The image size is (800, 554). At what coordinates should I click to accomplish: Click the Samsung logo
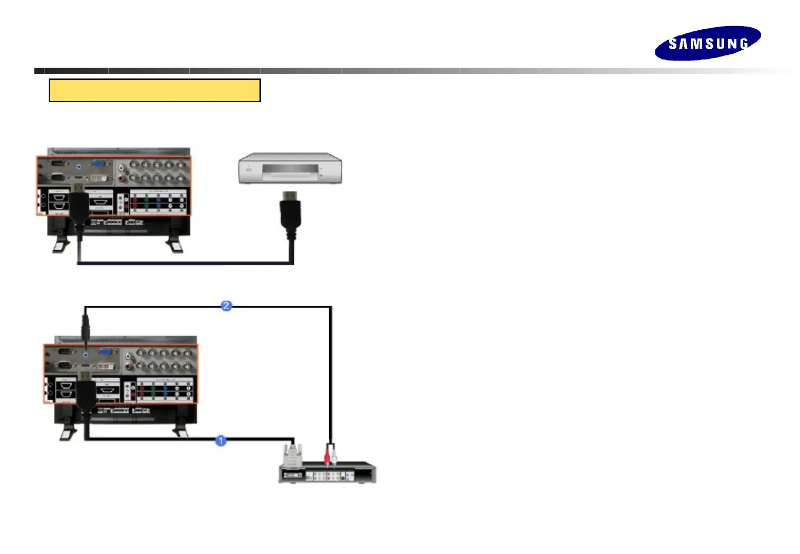coord(707,43)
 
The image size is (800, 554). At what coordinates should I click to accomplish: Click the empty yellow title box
coord(154,90)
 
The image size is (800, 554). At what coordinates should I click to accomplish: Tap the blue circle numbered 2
coord(226,306)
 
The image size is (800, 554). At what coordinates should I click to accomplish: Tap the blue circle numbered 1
coord(221,441)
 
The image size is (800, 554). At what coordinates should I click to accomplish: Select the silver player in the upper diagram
coord(290,168)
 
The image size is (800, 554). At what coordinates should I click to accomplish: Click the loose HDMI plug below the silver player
coord(290,210)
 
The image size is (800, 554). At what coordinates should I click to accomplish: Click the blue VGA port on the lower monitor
coord(106,352)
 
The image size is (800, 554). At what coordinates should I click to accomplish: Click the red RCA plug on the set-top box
coord(327,456)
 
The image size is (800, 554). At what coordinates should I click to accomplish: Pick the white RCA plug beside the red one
coord(334,456)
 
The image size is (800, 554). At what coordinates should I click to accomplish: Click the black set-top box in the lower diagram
coord(327,473)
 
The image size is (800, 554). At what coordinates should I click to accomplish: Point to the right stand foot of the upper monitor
coord(174,245)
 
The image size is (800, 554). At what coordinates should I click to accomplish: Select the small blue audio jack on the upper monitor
coord(78,166)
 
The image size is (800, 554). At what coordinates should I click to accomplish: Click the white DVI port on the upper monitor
coord(99,178)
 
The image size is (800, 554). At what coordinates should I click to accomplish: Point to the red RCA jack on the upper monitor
coord(122,178)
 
